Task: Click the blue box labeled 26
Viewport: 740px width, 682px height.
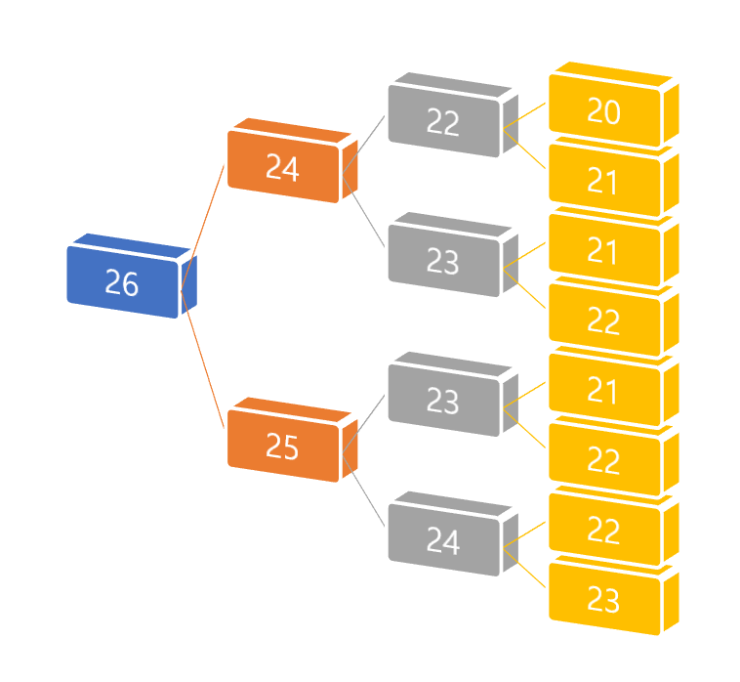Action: click(122, 282)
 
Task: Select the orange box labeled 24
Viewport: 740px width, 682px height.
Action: click(282, 168)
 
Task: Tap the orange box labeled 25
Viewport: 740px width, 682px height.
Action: click(282, 447)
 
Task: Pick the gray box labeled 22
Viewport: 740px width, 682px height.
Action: click(443, 122)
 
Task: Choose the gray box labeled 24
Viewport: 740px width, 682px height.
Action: click(443, 540)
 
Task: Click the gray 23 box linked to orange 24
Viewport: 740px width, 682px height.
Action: click(443, 261)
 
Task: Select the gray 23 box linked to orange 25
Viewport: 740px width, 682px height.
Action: click(443, 401)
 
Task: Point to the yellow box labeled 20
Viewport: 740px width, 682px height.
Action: click(604, 111)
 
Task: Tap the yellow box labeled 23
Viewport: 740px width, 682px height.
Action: click(604, 599)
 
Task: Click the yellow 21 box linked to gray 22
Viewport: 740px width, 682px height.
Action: click(604, 181)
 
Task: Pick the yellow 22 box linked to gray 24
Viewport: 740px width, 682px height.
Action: click(604, 530)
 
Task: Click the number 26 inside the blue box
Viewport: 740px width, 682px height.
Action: click(122, 283)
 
